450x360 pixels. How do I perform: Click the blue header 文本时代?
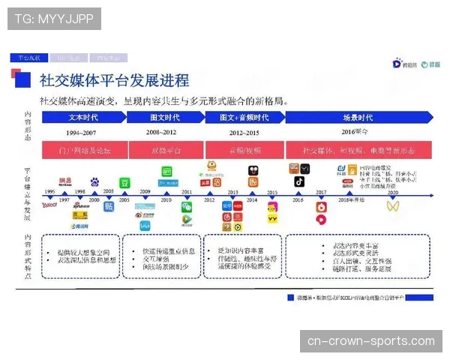(x=83, y=118)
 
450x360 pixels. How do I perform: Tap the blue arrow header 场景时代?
(x=357, y=118)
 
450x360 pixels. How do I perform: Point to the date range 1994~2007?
(x=83, y=132)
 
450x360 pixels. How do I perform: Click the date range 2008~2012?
(x=161, y=132)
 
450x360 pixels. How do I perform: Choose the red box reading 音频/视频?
(x=244, y=149)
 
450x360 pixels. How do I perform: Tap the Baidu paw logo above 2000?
(x=94, y=181)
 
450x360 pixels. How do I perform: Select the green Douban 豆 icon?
(x=125, y=181)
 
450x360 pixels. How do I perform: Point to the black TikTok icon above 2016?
(x=298, y=181)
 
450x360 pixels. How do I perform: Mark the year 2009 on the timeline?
(x=145, y=192)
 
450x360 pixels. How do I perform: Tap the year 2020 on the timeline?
(x=392, y=192)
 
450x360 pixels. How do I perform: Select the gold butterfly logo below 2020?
(x=392, y=205)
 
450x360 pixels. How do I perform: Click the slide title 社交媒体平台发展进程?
(x=114, y=80)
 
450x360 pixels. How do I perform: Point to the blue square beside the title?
(x=24, y=79)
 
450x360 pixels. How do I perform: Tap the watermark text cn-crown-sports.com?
(x=370, y=341)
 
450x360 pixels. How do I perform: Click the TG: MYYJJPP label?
(x=54, y=18)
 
